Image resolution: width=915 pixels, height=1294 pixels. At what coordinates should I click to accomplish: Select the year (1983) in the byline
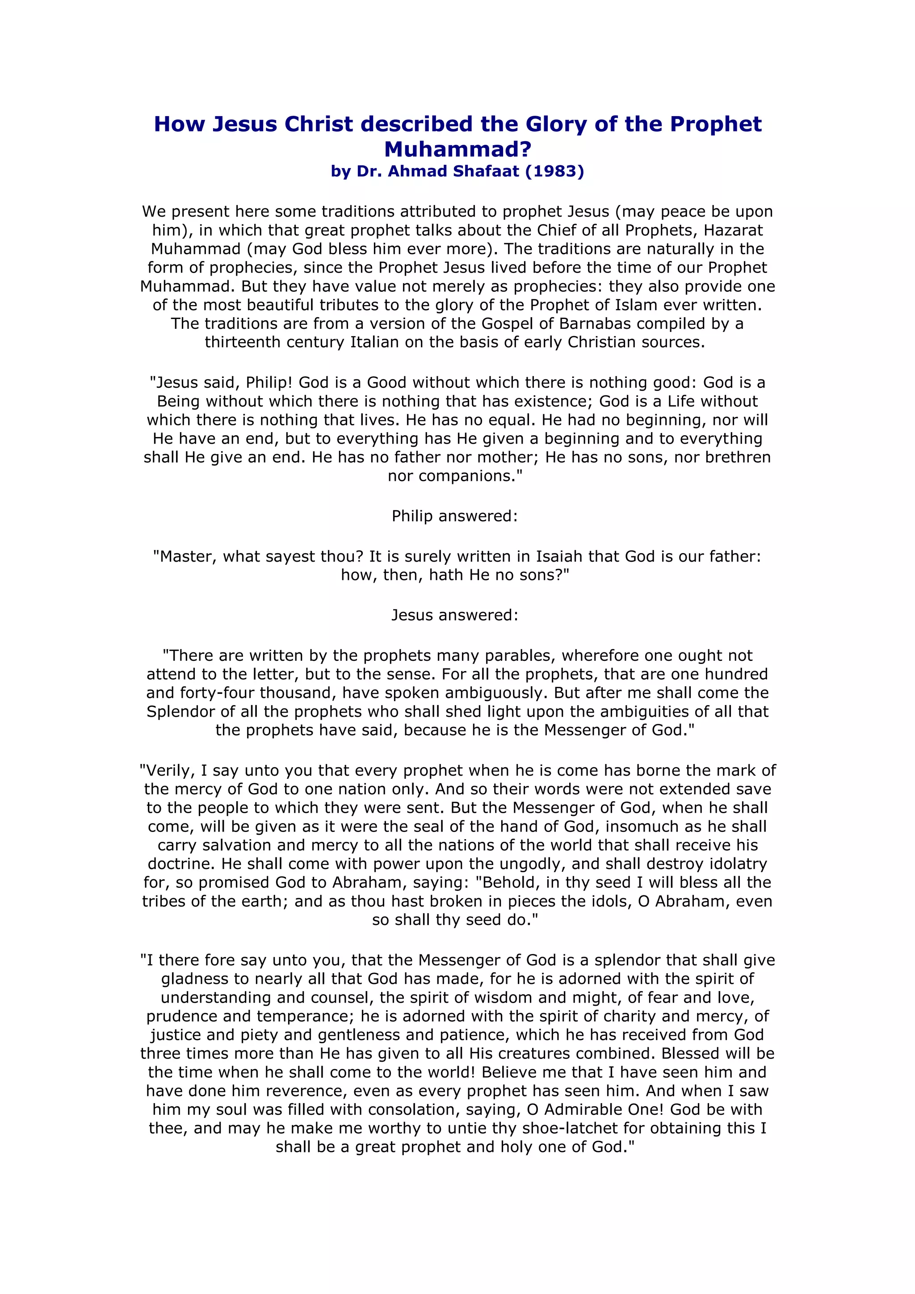(554, 171)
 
